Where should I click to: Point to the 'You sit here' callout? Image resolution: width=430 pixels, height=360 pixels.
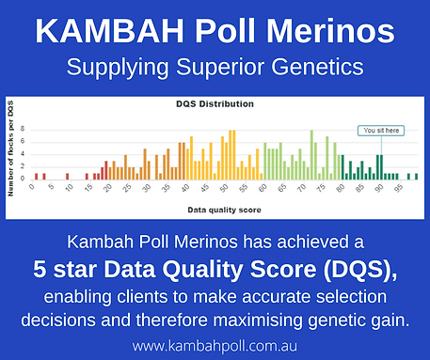pos(380,131)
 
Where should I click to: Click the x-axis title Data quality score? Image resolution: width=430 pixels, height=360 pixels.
pos(224,208)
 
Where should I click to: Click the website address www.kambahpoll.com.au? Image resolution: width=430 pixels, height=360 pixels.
pos(215,346)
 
